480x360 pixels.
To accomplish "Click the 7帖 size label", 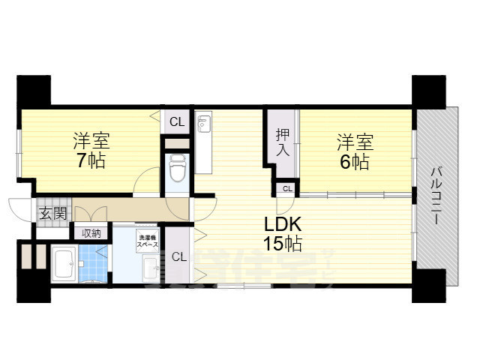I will (91, 160).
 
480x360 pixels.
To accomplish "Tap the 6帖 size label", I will (354, 161).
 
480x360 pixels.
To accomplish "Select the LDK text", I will (283, 223).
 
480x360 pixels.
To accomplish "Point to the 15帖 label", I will (283, 243).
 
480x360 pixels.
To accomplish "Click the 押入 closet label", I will (282, 142).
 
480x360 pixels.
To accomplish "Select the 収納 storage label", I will (91, 233).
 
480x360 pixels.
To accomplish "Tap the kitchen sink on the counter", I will (203, 124).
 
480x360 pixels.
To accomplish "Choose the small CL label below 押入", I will (287, 187).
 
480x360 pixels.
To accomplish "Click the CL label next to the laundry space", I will (178, 257).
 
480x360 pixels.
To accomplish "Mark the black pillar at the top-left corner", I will (34, 91).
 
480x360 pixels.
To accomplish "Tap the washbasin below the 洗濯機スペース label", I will (148, 267).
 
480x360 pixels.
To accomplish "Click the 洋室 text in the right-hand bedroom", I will (354, 141).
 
